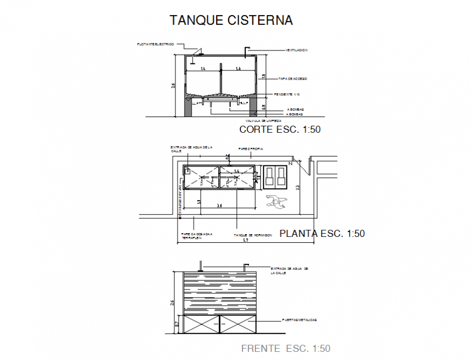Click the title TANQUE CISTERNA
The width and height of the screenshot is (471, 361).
tap(231, 21)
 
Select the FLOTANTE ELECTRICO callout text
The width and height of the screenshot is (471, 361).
tap(156, 44)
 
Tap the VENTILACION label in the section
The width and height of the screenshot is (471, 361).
tap(297, 50)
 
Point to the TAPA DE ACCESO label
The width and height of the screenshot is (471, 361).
tap(293, 79)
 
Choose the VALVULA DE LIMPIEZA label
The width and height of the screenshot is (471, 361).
tap(263, 120)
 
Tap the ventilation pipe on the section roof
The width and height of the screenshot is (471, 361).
tap(247, 51)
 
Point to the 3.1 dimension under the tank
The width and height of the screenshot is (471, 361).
tap(218, 205)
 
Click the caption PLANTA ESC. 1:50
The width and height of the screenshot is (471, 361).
tap(322, 234)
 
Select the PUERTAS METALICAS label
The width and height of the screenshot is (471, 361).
tap(299, 320)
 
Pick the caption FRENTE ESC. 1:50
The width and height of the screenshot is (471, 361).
tap(285, 349)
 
